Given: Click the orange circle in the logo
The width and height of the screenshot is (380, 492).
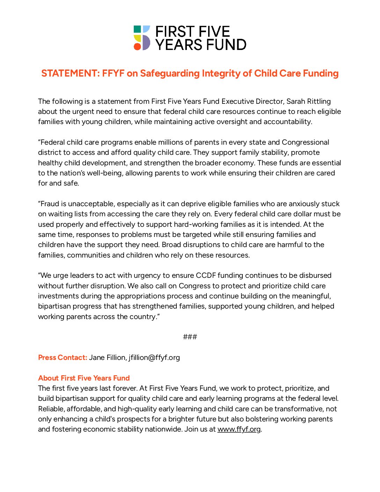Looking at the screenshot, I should [137, 46].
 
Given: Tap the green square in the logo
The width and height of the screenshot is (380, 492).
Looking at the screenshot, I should [137, 29].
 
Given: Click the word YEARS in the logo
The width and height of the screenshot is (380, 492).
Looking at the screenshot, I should [178, 45].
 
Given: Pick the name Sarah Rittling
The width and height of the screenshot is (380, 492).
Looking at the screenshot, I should [308, 101].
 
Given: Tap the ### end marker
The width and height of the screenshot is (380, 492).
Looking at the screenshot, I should [190, 337].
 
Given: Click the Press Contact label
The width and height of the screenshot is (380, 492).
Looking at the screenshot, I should [63, 357].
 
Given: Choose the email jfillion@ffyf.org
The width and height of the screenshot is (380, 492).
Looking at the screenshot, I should [154, 357].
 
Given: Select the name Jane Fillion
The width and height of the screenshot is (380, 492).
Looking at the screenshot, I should [107, 357].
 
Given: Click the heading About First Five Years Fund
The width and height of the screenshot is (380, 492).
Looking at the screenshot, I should [84, 378].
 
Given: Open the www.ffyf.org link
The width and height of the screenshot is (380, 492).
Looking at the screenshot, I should [239, 429].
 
